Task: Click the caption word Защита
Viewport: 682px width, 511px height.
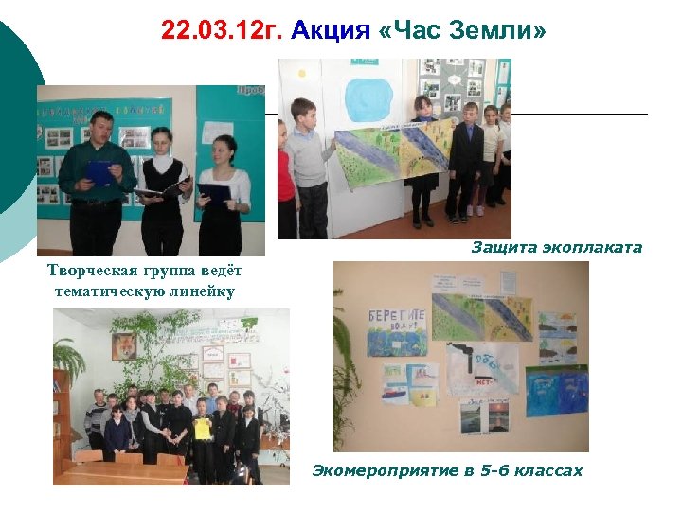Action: [503, 248]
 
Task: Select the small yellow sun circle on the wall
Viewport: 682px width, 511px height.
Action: [302, 72]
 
